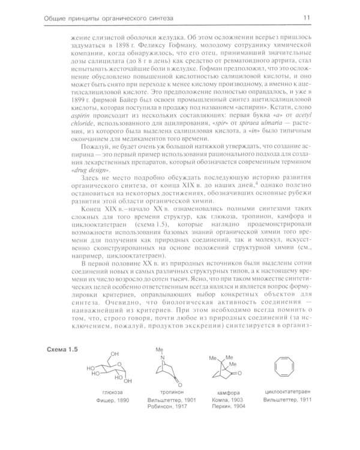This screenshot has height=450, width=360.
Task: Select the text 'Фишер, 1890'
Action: (x=115, y=416)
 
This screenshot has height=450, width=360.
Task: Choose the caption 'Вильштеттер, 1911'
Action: (x=287, y=416)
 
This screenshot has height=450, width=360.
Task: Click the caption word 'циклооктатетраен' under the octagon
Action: (x=287, y=409)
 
